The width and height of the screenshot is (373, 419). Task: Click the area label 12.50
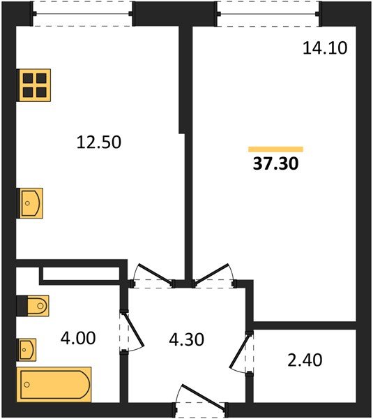99,142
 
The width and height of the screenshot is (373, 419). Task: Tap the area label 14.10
325,48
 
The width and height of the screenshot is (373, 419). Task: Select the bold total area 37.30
275,163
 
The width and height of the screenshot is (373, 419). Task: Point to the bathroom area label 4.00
78,338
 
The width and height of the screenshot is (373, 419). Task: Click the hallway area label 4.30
187,339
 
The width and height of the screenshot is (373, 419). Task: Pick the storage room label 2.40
305,360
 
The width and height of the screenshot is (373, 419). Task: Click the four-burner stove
33,85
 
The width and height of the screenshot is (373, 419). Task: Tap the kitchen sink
30,203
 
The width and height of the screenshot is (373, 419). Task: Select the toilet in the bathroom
33,306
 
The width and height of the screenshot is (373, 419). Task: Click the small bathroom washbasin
26,350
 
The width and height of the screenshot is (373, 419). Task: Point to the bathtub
54,385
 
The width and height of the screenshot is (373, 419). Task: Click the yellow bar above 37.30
275,149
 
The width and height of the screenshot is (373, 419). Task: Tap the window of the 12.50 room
82,14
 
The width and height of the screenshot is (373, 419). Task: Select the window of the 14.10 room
268,14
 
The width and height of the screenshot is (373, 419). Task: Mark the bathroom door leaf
134,330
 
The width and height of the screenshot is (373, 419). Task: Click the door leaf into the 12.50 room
155,273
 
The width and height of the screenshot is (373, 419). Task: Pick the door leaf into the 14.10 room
212,273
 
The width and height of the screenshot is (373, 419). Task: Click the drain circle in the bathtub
26,385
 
